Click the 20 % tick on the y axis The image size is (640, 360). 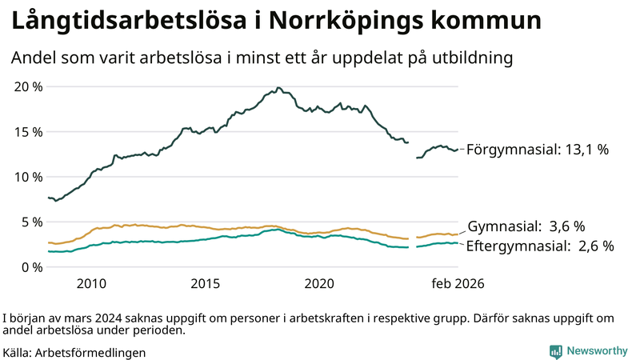point(29,86)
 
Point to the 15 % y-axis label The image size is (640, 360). point(29,132)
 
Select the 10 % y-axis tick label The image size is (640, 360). point(29,177)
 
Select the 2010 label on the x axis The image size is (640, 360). point(91,283)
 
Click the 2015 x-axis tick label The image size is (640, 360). point(206,283)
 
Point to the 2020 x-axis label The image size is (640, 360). point(320,283)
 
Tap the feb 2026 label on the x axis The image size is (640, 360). point(458,283)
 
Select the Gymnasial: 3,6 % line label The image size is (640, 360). point(526,226)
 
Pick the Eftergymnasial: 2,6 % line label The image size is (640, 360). point(540,246)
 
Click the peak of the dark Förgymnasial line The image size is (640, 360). point(278,88)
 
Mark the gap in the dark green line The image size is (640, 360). point(413,150)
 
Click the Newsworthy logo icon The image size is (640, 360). point(555,350)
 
